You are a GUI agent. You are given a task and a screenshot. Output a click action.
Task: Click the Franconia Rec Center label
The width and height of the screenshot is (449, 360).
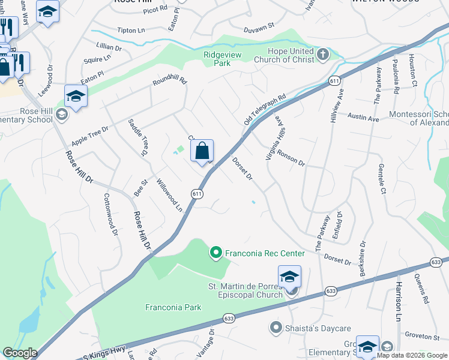265,253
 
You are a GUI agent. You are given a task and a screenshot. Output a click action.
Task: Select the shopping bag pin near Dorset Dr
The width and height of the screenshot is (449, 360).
202,151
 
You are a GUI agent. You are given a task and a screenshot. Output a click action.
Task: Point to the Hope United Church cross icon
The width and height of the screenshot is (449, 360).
323,55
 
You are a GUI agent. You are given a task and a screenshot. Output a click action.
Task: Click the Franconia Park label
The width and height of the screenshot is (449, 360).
173,307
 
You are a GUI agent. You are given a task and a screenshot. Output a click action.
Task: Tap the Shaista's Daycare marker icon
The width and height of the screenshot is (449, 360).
276,327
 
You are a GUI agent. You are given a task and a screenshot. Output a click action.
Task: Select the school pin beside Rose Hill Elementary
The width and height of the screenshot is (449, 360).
76,97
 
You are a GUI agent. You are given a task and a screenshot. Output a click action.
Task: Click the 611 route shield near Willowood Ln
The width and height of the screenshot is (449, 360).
197,194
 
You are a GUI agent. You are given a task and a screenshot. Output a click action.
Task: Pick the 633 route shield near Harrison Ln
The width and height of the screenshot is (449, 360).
436,262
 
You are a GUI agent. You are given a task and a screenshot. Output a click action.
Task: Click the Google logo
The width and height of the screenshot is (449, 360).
20,353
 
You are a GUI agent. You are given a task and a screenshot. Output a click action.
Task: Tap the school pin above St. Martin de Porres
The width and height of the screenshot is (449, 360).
289,277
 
